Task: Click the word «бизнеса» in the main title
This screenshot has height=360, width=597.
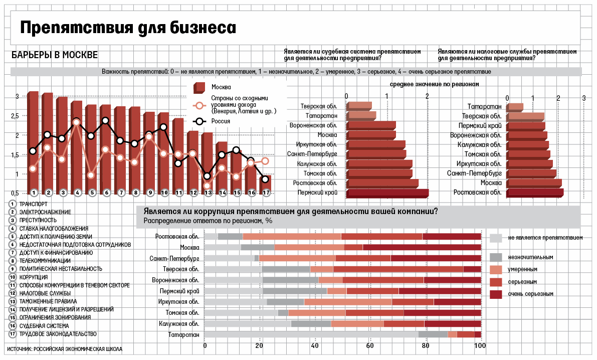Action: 203,28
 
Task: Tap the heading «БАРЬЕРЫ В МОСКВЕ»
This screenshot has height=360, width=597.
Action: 55,55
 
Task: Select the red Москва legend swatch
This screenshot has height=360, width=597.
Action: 199,88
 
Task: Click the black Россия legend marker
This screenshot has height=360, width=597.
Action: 199,121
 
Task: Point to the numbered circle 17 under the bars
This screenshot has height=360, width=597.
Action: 266,193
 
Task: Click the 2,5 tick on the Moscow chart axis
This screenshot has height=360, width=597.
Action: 15,116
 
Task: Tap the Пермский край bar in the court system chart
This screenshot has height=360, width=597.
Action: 387,193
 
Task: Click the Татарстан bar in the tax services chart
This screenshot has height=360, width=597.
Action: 515,107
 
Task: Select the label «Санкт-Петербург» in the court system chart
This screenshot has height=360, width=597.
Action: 312,154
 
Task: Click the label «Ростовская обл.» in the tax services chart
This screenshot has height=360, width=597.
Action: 477,193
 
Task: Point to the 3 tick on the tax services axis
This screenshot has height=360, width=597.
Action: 584,98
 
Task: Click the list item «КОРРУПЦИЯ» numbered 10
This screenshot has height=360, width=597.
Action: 34,277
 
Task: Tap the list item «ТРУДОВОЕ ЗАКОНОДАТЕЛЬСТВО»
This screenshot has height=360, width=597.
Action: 58,334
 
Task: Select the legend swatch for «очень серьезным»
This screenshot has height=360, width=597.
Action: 496,294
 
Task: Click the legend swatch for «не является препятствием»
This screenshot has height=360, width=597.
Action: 496,238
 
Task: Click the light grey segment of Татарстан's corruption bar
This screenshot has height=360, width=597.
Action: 311,334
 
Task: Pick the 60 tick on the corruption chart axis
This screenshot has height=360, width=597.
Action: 370,346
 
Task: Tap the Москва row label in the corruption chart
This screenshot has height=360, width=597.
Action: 189,247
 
